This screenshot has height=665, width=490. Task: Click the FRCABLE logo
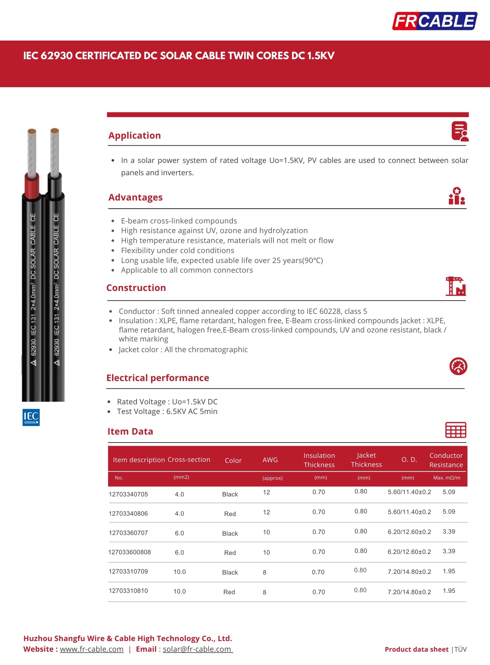[434, 21]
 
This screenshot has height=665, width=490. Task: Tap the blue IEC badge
[31, 417]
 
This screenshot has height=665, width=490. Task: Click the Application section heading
[134, 136]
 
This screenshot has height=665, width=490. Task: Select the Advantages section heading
[135, 198]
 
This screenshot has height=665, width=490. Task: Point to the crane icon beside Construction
[455, 286]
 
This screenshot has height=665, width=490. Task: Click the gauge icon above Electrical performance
[458, 366]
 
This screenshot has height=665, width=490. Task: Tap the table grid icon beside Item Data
[455, 430]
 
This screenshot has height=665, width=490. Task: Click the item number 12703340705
[128, 494]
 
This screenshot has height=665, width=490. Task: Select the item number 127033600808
[129, 552]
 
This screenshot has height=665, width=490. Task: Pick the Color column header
[233, 461]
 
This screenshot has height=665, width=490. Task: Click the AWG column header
[270, 460]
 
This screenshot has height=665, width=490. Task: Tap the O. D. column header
[409, 460]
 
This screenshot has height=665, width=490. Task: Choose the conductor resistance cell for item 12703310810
[449, 591]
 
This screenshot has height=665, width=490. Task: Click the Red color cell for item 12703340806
[230, 514]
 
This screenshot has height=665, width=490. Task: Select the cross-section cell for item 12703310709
[179, 572]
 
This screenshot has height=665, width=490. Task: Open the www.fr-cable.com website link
[91, 649]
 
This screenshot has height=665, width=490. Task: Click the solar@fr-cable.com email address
[197, 649]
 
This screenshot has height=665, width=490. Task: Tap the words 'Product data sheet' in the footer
[416, 649]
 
